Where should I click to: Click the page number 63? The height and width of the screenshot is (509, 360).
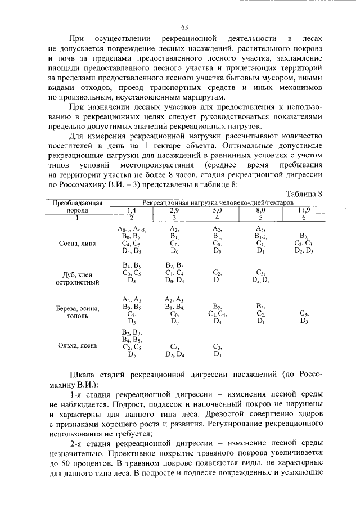[x=184, y=27]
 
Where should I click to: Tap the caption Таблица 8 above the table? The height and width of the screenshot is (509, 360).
[x=304, y=193]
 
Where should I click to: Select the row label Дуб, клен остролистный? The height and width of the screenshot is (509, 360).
[x=81, y=279]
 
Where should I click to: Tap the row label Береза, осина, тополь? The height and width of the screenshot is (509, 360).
[x=81, y=313]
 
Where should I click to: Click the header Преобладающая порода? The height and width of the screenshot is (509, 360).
[x=81, y=205]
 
